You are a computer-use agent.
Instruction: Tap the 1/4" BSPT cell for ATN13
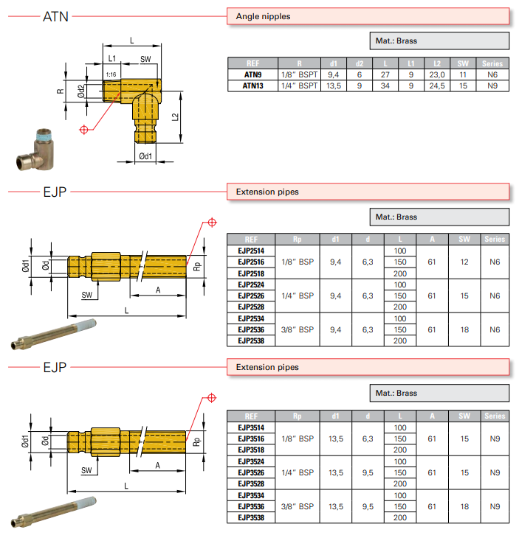point(300,85)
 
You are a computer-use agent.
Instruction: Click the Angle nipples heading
point(263,15)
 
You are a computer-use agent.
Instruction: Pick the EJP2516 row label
point(251,262)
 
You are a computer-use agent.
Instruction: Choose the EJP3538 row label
point(251,517)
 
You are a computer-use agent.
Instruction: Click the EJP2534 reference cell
point(251,318)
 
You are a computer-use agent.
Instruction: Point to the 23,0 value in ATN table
point(438,74)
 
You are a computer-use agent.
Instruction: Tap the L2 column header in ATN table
point(438,63)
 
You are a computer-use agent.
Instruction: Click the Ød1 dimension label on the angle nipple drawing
point(145,156)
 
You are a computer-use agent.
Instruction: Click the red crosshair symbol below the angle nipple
point(84,130)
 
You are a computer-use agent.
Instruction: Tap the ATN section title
point(55,15)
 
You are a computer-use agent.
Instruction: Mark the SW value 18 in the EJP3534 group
point(464,506)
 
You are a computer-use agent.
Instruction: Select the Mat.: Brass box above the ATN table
point(439,41)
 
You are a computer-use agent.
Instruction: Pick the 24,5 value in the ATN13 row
point(438,85)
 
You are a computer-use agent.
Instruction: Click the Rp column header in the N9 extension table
point(298,416)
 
